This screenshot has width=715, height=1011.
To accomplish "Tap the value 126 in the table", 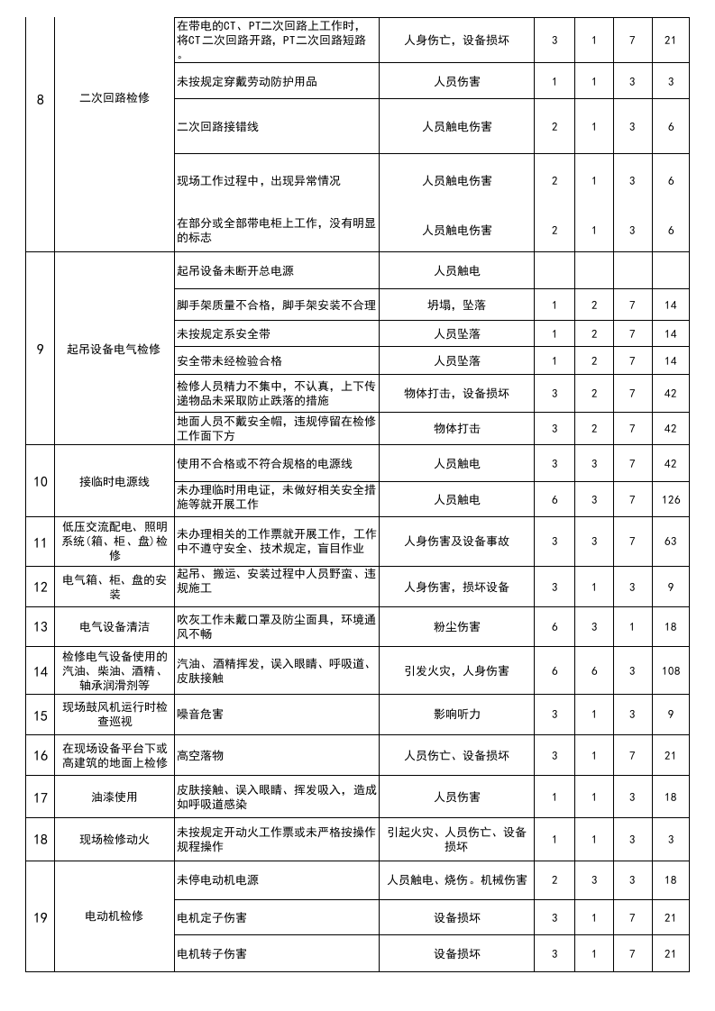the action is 670,500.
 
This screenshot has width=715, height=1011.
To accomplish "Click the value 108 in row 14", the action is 670,671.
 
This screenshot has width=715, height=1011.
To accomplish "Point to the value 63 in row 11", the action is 670,542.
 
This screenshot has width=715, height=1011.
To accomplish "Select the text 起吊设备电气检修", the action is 114,349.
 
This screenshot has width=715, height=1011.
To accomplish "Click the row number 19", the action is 40,917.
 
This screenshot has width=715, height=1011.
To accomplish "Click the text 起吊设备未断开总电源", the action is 237,270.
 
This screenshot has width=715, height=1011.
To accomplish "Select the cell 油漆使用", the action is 114,797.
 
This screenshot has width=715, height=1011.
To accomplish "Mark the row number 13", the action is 40,626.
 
